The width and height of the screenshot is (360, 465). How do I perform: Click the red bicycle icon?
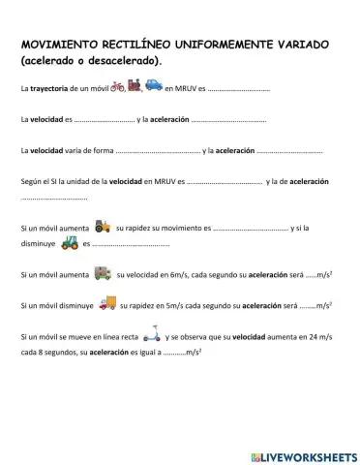(120, 87)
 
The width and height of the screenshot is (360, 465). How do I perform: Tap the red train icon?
(135, 87)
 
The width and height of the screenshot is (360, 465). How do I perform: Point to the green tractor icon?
(69, 243)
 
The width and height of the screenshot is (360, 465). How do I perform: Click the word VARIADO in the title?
(299, 46)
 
